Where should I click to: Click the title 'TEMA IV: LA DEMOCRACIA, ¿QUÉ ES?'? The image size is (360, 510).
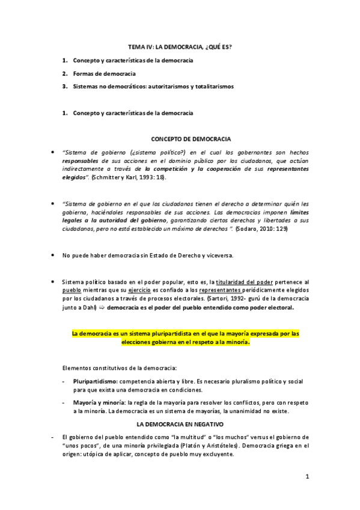[180, 46]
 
